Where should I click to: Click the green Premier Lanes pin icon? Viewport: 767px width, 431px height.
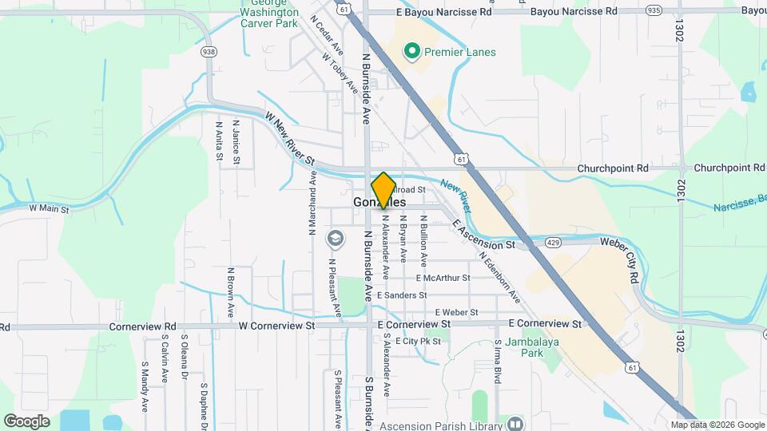point(412,53)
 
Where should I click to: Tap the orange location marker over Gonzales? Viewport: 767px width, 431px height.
point(383,190)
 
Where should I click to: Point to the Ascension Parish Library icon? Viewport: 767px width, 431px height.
point(516,424)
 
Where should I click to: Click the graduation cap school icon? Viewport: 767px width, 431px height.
point(336,238)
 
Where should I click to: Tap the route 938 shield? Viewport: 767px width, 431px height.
point(209,52)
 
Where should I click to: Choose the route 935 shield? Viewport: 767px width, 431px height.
point(654,11)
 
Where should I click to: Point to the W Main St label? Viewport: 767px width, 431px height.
point(50,208)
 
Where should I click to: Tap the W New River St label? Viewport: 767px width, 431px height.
point(292,140)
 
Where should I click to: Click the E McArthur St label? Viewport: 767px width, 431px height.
point(443,278)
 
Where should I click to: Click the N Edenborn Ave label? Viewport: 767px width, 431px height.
point(500,277)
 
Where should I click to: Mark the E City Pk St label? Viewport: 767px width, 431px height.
point(418,342)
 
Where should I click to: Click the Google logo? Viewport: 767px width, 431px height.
point(26,421)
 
